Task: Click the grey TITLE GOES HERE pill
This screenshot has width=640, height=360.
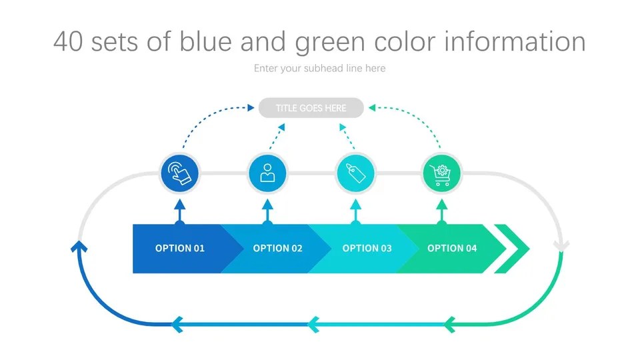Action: click(311, 108)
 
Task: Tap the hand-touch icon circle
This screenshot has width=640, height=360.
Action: click(180, 173)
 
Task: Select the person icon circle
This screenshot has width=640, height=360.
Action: click(267, 173)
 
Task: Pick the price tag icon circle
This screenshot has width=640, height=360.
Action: click(355, 173)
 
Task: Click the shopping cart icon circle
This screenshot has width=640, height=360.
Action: click(441, 173)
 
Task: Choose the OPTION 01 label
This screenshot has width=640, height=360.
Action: click(180, 248)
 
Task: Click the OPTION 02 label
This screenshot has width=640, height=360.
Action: click(277, 248)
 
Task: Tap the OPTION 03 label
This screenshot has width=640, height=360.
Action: click(367, 248)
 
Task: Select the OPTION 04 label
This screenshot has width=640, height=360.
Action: click(452, 248)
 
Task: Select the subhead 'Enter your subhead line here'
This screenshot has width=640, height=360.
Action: click(319, 68)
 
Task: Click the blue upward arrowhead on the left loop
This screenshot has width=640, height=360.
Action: click(79, 247)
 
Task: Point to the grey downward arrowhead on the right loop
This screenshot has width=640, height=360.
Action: click(561, 246)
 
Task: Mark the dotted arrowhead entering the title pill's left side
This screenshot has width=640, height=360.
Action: click(252, 107)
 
